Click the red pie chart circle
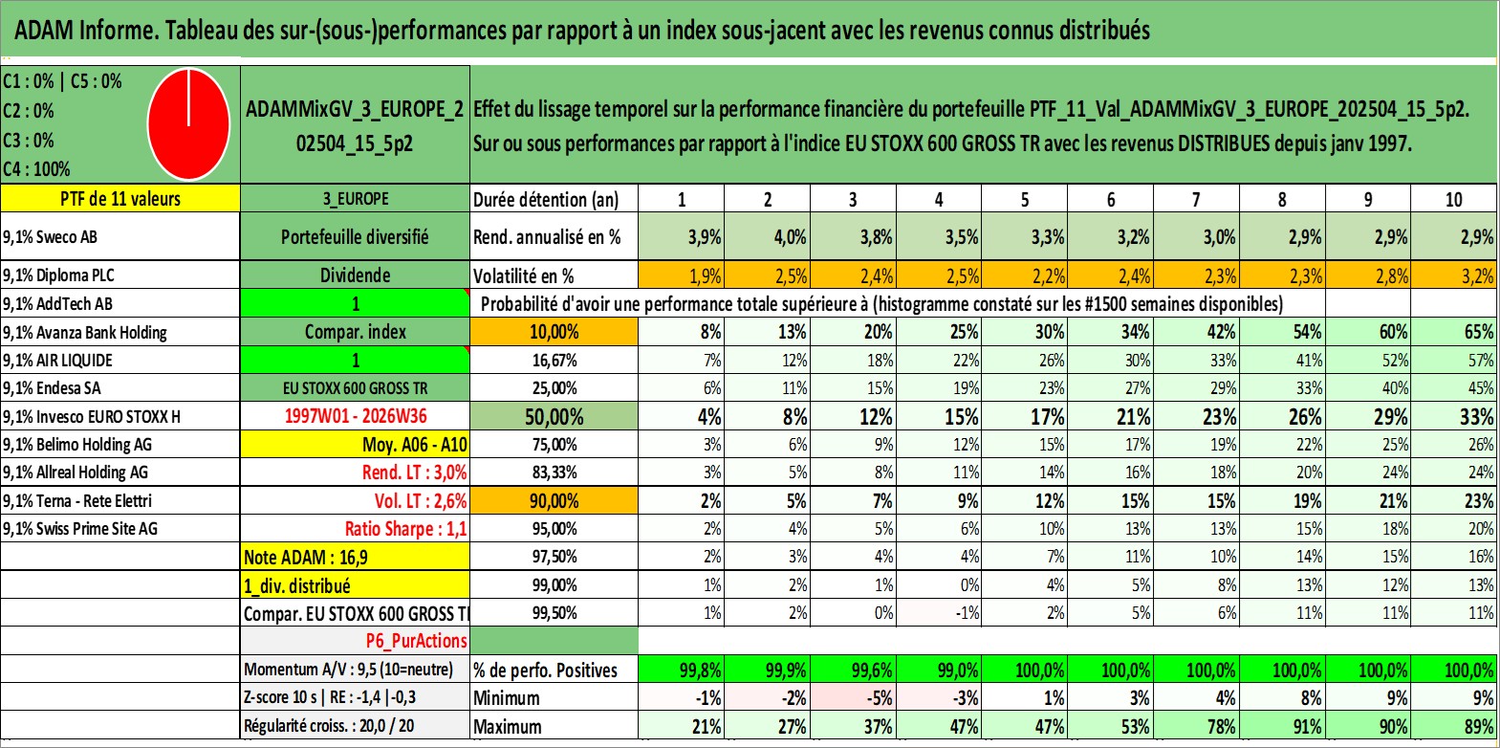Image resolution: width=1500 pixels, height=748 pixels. point(189,124)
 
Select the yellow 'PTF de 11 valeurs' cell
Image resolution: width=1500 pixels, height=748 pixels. point(120,198)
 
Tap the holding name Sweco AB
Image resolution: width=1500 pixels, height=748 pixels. point(66,236)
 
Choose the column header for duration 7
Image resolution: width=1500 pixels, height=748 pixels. point(1196,199)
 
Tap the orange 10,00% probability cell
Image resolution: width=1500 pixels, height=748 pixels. point(554,332)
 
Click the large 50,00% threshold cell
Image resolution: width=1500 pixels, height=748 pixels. point(554,416)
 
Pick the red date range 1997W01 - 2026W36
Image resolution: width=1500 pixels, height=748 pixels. point(356,416)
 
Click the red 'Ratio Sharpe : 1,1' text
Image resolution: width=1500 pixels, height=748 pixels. point(405,529)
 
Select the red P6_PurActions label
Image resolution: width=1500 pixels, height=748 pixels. point(417,641)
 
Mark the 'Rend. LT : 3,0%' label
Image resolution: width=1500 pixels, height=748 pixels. point(415,473)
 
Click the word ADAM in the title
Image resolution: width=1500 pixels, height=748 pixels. point(44,31)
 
